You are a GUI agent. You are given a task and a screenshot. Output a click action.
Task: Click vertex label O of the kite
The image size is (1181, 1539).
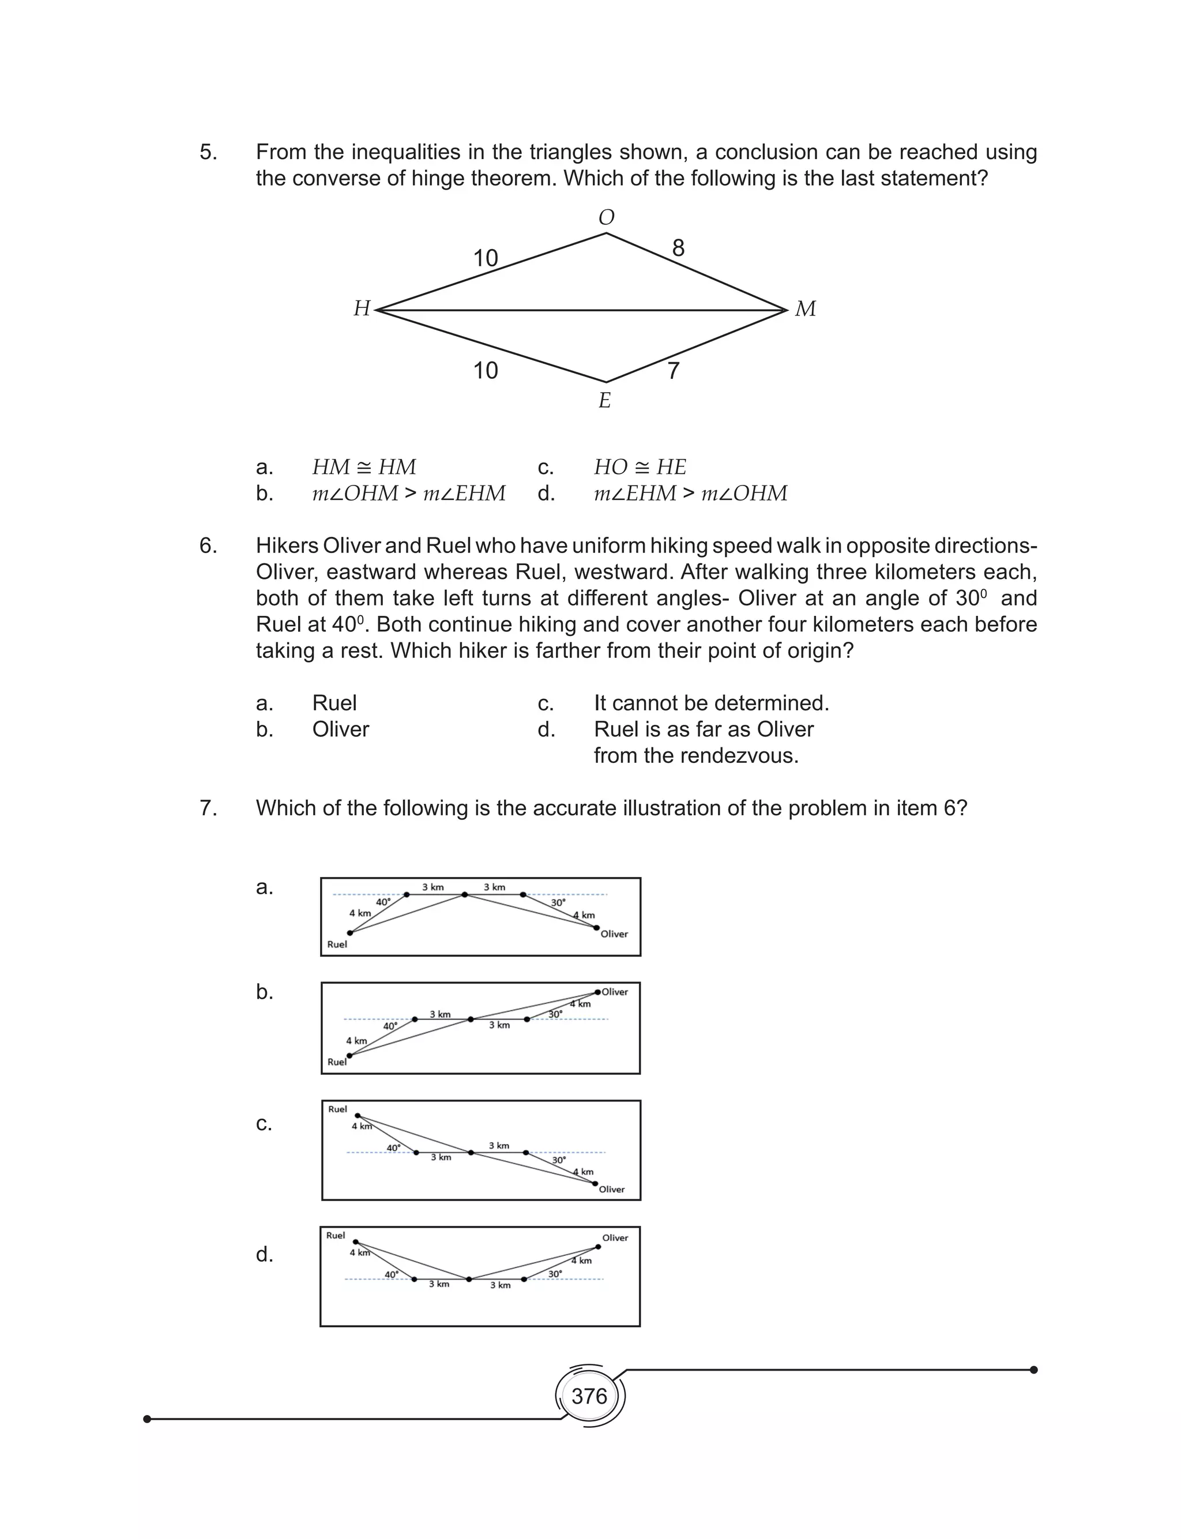[x=606, y=218]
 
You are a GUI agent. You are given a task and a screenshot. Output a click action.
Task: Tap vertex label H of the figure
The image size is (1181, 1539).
[x=362, y=308]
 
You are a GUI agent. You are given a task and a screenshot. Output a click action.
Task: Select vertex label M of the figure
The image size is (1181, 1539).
[x=805, y=308]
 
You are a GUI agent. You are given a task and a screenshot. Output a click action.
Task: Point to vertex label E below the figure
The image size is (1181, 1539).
[x=604, y=401]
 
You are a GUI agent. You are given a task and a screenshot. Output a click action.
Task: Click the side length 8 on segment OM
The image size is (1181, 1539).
[x=678, y=248]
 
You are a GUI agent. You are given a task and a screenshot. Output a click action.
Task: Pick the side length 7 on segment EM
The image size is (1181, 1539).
[x=673, y=370]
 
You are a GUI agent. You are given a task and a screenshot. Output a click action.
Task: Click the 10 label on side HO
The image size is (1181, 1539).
[x=485, y=258]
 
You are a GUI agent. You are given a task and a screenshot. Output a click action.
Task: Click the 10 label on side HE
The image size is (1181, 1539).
[x=485, y=370]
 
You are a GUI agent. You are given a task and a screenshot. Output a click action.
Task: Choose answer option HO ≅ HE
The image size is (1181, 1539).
[x=640, y=467]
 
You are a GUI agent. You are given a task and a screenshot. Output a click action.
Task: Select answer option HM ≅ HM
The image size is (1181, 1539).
[x=363, y=467]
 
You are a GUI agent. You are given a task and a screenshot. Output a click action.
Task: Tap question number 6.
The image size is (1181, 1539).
[x=208, y=545]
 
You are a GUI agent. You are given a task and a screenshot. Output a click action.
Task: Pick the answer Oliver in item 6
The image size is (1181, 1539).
[x=340, y=729]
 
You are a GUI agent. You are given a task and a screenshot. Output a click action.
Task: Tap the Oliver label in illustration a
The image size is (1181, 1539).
[x=614, y=934]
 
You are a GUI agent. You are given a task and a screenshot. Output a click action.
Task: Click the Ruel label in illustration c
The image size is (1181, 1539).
[x=337, y=1109]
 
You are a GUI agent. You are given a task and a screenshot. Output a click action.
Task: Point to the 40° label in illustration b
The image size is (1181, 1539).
[x=390, y=1026]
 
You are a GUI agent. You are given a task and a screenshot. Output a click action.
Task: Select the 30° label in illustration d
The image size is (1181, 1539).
[x=555, y=1274]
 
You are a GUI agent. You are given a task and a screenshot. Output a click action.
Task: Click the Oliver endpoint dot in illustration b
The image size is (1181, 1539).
[x=597, y=992]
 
